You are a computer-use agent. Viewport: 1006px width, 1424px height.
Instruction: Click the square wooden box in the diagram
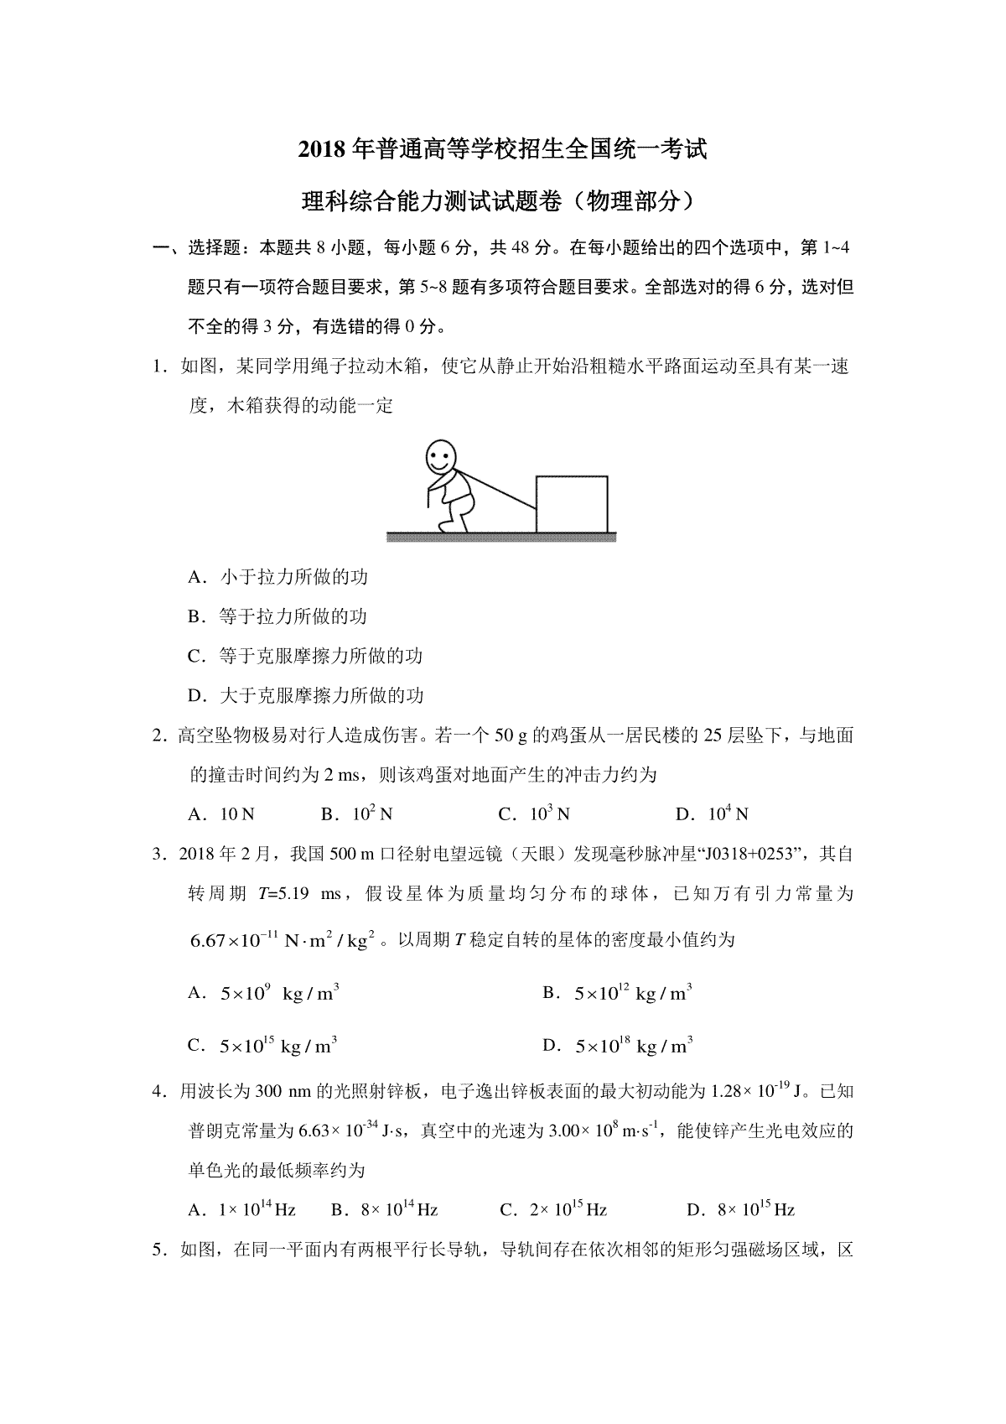pyautogui.click(x=572, y=503)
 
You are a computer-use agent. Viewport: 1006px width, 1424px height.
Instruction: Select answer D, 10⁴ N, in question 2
pyautogui.click(x=712, y=814)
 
